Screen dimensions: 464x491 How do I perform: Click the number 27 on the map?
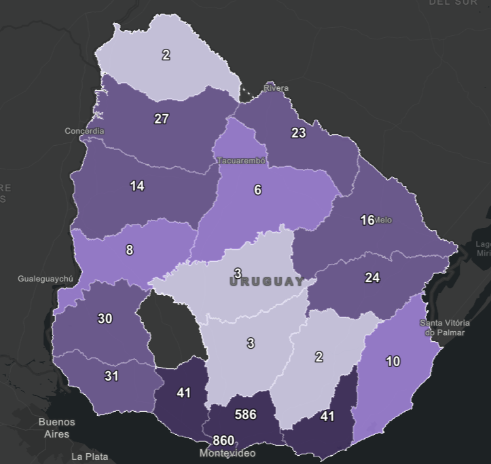(x=161, y=119)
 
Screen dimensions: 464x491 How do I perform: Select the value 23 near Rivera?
(x=299, y=133)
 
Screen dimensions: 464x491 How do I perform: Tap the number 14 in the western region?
(x=137, y=186)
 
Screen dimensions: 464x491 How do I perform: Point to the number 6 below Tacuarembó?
(x=257, y=190)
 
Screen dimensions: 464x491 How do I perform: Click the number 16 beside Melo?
(x=367, y=220)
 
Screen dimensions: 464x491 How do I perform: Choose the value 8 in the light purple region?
(x=130, y=250)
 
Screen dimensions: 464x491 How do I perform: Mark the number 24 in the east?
(x=372, y=277)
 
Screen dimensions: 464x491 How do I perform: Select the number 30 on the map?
(x=105, y=318)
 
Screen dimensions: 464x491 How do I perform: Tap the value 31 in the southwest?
(x=112, y=375)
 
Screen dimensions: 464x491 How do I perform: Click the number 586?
(x=245, y=414)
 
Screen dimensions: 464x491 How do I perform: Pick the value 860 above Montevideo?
(x=223, y=441)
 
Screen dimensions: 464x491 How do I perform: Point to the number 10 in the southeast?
(x=393, y=361)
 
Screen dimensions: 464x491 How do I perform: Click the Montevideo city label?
(x=228, y=453)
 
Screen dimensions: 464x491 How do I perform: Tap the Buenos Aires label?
(x=57, y=427)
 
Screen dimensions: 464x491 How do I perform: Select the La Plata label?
(x=90, y=457)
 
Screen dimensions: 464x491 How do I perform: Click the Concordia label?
(x=84, y=131)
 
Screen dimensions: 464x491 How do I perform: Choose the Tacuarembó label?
(x=241, y=161)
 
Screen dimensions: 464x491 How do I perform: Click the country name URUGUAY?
(x=267, y=282)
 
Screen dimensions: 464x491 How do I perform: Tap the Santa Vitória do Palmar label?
(x=445, y=327)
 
